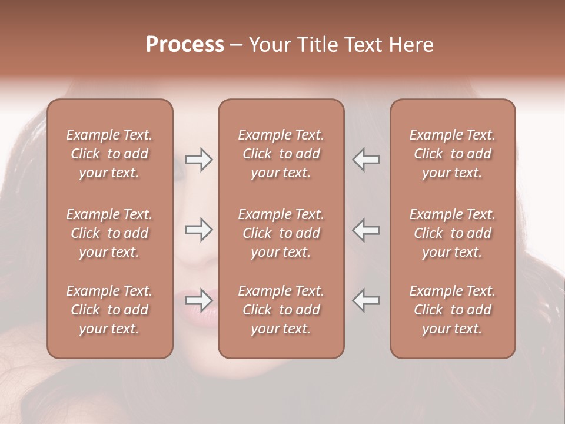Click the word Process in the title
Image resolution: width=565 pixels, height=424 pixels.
pyautogui.click(x=185, y=44)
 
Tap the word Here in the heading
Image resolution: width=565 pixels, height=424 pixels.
pyautogui.click(x=410, y=44)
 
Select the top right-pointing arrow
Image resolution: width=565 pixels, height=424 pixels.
pyautogui.click(x=199, y=160)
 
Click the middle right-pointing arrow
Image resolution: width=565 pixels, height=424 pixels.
pyautogui.click(x=199, y=230)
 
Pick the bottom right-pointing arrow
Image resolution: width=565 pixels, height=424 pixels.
pyautogui.click(x=199, y=300)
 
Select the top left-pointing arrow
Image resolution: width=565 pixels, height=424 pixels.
pyautogui.click(x=365, y=160)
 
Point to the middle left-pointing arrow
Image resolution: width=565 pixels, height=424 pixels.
pyautogui.click(x=365, y=230)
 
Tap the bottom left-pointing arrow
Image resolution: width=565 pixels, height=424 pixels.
pyautogui.click(x=365, y=300)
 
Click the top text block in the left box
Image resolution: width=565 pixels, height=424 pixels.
pyautogui.click(x=109, y=154)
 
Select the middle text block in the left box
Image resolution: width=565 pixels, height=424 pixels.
pyautogui.click(x=109, y=233)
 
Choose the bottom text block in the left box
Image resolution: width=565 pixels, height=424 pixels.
pyautogui.click(x=109, y=310)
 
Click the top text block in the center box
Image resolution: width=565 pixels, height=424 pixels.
pyautogui.click(x=281, y=154)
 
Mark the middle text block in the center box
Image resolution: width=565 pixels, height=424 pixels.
pyautogui.click(x=281, y=233)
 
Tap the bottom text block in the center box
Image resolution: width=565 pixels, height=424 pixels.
pyautogui.click(x=281, y=310)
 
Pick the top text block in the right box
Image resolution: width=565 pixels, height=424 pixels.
pyautogui.click(x=453, y=154)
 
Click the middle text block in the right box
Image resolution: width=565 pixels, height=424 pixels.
pyautogui.click(x=453, y=233)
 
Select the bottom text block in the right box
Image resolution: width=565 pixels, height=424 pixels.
pyautogui.click(x=453, y=310)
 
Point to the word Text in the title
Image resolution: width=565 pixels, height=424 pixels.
pyautogui.click(x=365, y=44)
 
